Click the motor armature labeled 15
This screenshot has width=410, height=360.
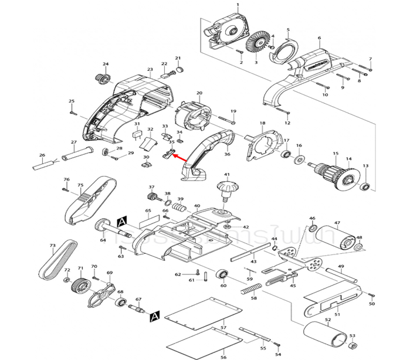[331, 174]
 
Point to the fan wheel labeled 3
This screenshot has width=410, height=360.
[256, 45]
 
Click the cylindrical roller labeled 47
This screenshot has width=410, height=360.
[336, 237]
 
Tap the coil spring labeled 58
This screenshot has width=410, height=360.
[248, 289]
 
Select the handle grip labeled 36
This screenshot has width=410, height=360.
[205, 154]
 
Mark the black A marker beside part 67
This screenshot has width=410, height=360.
[154, 317]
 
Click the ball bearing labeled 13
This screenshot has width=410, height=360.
[365, 186]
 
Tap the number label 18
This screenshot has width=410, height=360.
[262, 123]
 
